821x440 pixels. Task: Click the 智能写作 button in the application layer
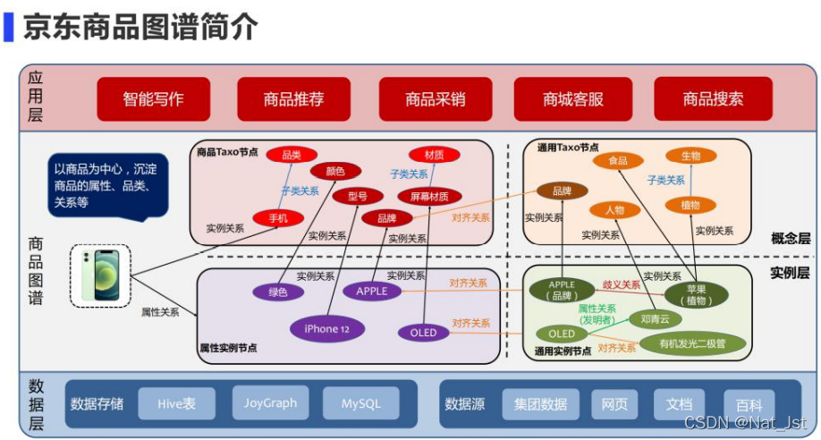154,99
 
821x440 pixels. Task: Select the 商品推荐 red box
293,99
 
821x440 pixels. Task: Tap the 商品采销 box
435,99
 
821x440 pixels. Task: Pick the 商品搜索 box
713,99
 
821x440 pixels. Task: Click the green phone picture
100,275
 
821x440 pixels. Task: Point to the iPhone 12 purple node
327,329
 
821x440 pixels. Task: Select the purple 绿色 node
278,292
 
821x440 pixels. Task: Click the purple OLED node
423,333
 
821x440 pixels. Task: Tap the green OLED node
562,334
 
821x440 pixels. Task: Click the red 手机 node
278,217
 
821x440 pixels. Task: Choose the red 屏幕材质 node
429,197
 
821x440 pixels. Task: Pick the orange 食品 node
617,161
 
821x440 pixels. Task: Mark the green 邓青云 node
656,318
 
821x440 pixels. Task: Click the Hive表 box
176,404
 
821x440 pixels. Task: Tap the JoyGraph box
270,403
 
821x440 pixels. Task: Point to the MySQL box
361,404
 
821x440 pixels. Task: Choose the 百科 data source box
749,405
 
